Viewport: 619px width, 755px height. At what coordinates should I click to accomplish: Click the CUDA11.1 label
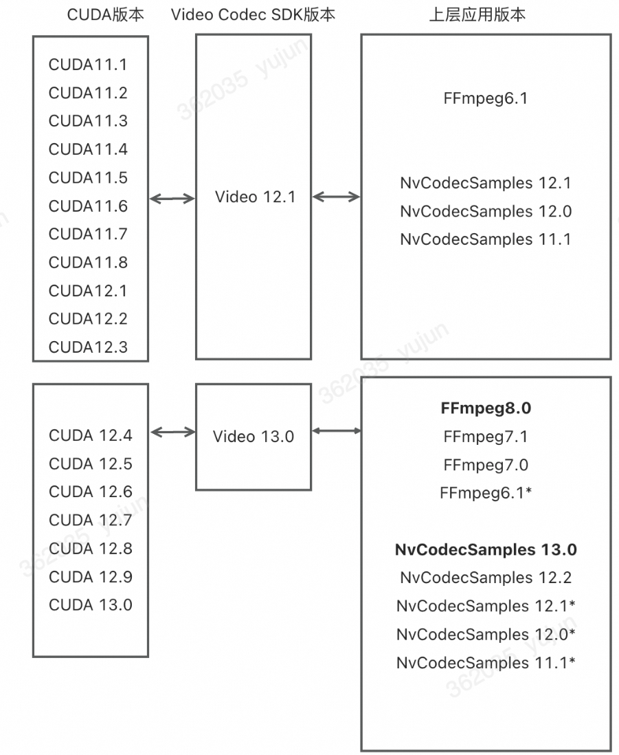coord(88,65)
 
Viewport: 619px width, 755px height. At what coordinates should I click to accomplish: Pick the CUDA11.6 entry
coord(88,206)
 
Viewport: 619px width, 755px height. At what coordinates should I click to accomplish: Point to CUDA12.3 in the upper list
coord(88,347)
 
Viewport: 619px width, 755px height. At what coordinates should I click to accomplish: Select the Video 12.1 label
coord(255,197)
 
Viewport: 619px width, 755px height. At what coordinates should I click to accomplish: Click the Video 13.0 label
coord(253,437)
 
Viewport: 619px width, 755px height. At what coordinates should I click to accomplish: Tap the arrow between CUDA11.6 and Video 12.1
coord(172,199)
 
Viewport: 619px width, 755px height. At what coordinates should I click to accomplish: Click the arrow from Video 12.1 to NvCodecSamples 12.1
coord(336,197)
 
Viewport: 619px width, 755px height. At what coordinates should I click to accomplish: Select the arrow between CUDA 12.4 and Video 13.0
coord(172,432)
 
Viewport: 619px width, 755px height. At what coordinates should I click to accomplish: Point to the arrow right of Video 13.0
coord(336,431)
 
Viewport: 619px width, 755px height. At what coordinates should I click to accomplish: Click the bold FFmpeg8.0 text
coord(486,408)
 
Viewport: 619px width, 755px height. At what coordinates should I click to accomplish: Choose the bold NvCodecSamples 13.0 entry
coord(486,549)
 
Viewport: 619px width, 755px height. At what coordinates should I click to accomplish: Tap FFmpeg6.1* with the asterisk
coord(486,493)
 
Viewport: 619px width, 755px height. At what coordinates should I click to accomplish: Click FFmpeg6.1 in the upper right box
coord(486,98)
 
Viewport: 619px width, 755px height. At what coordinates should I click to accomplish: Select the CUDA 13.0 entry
coord(91,605)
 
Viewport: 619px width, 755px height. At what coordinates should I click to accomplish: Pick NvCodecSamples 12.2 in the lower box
coord(486,578)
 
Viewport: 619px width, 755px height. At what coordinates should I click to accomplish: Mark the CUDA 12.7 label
coord(91,521)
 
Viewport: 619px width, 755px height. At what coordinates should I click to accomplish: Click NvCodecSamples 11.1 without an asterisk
coord(486,239)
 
